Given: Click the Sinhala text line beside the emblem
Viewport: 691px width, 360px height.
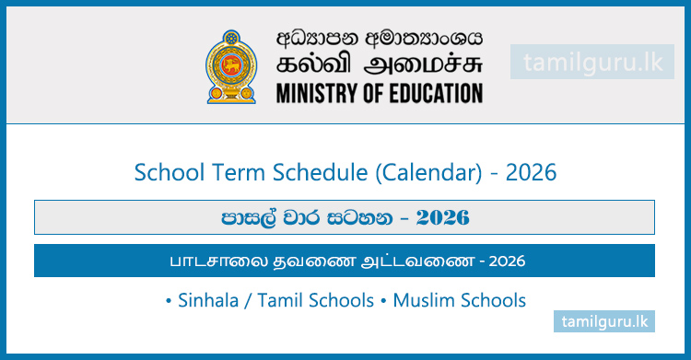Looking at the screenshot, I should [380, 39].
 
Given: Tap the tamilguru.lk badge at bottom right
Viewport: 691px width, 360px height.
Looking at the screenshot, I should [603, 321].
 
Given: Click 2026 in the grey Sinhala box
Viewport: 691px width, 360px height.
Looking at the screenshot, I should [442, 217].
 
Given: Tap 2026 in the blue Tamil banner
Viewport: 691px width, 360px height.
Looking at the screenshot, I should [508, 261].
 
